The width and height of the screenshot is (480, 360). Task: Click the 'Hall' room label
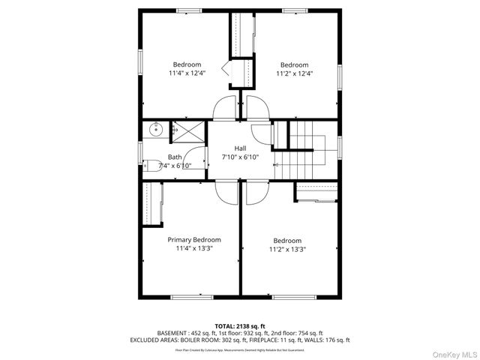[x=240, y=148]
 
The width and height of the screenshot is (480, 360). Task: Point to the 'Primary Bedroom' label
[x=194, y=239]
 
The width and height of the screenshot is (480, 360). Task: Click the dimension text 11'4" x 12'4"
[x=187, y=73]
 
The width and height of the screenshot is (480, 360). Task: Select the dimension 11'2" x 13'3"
[x=287, y=249]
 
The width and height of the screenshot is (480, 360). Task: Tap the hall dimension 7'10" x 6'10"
[x=240, y=157]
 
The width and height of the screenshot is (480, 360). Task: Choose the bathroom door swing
[x=196, y=169]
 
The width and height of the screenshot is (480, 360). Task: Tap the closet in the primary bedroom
[x=154, y=204]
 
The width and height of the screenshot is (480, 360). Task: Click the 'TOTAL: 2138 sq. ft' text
[x=240, y=326]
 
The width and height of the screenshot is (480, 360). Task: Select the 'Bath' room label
[x=175, y=157]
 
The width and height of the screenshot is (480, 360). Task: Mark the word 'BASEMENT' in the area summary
[x=173, y=333]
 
